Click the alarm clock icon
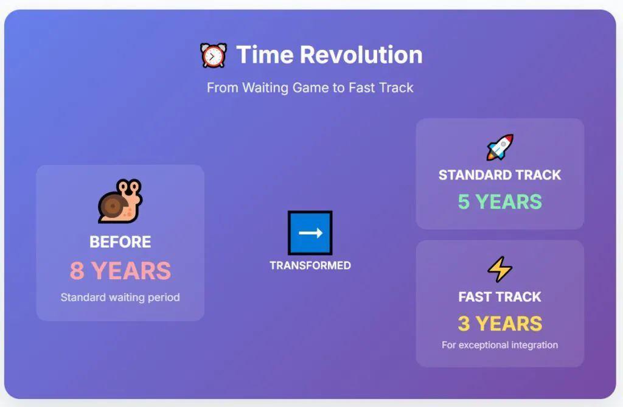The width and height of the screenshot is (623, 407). click(214, 55)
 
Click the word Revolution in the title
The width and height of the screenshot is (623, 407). click(361, 55)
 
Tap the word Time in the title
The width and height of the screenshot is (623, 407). click(265, 55)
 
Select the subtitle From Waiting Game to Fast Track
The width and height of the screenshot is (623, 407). click(310, 88)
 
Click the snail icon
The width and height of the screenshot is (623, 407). click(120, 201)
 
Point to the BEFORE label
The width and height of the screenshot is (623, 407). click(120, 242)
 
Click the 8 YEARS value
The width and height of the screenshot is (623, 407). click(120, 271)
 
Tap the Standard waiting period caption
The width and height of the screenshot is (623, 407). click(120, 297)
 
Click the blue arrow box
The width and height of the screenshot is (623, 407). click(310, 232)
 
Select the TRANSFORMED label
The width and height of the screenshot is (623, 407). click(310, 265)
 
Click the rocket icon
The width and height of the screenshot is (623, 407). click(500, 147)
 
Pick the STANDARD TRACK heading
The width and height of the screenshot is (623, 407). click(500, 175)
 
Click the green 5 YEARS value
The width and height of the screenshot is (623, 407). click(500, 202)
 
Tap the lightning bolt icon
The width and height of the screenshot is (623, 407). click(500, 269)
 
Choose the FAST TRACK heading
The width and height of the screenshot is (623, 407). click(500, 297)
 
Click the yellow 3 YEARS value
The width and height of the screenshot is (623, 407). click(500, 324)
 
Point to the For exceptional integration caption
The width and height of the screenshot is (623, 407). click(500, 345)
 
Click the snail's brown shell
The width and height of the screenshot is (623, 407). click(113, 205)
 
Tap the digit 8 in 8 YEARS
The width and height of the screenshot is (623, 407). click(77, 271)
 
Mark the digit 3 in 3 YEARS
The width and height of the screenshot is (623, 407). click(464, 324)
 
